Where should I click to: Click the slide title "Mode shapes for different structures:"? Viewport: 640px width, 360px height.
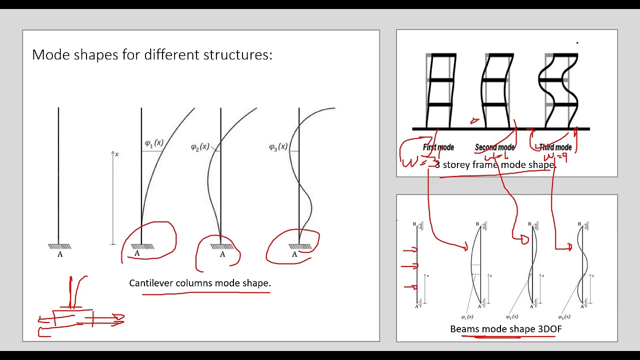(152, 54)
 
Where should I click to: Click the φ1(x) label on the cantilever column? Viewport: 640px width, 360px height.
(153, 143)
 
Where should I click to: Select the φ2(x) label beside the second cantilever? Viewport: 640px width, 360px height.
(200, 147)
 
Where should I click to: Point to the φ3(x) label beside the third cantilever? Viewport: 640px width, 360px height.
(278, 146)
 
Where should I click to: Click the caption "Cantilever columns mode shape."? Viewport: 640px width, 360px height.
(200, 283)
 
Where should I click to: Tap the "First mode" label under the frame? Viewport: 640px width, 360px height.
(438, 147)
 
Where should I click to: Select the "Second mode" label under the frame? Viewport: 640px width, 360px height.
(494, 147)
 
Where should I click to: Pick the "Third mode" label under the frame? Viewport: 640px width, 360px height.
(555, 147)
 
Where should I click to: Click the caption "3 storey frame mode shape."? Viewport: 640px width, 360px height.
(495, 164)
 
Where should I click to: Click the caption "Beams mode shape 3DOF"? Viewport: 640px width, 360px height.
(506, 329)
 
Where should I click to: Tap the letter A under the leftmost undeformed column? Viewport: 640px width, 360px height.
(60, 254)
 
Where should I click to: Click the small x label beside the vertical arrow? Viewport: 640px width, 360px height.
(117, 154)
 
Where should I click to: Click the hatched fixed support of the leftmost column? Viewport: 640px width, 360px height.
(59, 246)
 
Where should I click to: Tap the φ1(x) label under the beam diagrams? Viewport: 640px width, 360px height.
(467, 316)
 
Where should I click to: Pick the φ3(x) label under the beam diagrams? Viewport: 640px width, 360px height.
(564, 316)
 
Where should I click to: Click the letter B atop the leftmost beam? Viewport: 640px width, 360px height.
(414, 224)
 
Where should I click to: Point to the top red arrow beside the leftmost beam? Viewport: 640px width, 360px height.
(409, 249)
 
